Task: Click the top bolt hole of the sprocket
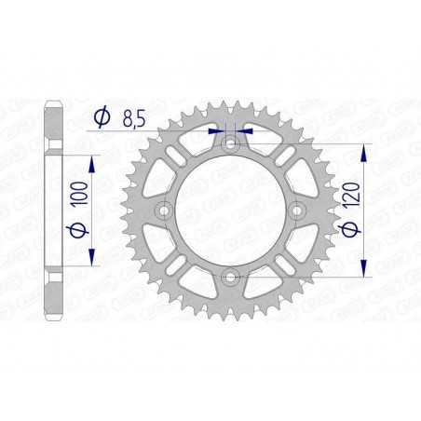[x=230, y=143]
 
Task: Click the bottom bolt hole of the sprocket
[x=230, y=276]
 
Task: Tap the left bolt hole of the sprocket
[x=164, y=210]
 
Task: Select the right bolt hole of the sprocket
[x=297, y=210]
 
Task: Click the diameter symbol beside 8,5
[x=102, y=118]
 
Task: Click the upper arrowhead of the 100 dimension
[x=93, y=161]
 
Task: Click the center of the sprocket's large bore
[x=230, y=210]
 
